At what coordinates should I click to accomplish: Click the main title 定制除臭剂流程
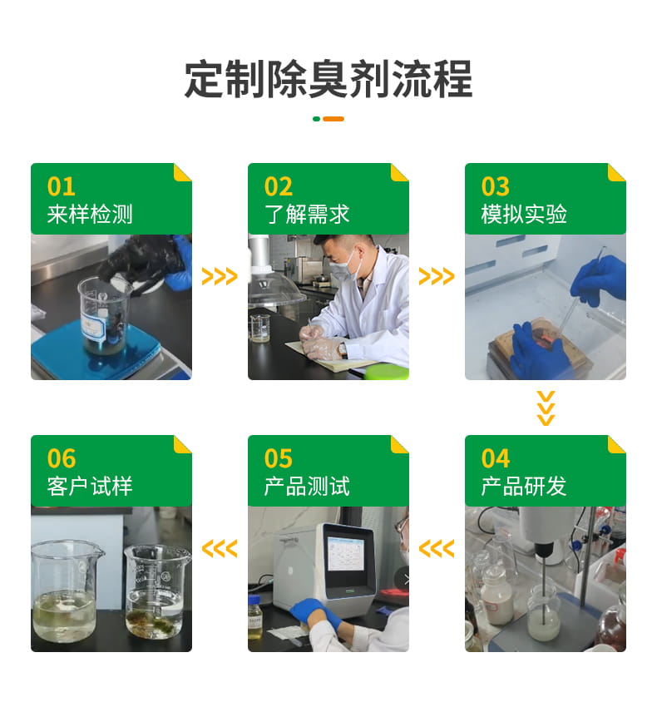(328, 80)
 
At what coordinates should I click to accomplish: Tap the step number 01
(62, 186)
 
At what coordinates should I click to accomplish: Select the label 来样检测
(90, 215)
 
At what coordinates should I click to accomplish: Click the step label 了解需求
(307, 215)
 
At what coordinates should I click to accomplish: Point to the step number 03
(496, 186)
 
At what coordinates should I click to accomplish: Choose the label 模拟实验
(524, 215)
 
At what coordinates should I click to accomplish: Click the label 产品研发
(524, 487)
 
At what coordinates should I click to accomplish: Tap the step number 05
(279, 458)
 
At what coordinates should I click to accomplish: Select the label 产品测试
(307, 487)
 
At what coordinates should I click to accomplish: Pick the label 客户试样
(90, 487)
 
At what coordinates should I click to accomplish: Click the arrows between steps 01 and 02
(220, 276)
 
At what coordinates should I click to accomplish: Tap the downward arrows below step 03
(546, 408)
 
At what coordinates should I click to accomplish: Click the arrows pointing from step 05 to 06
(220, 548)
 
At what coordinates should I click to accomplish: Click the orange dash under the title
(333, 119)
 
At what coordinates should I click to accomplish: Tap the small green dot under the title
(316, 119)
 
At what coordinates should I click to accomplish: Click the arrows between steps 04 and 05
(437, 548)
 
